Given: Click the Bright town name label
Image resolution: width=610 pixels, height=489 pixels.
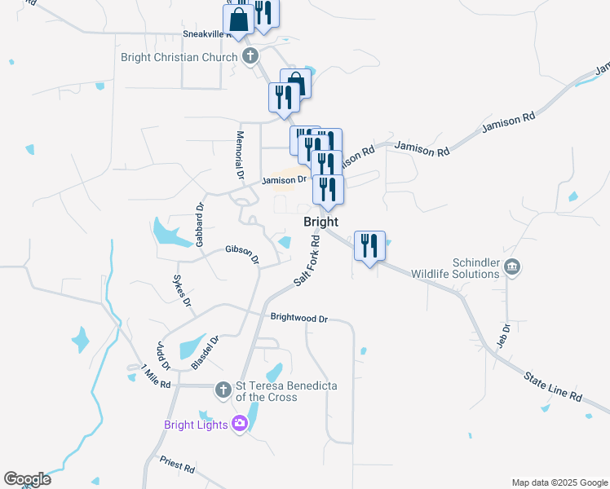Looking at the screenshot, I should tap(320, 222).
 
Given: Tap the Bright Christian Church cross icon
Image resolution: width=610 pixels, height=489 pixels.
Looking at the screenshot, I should tap(250, 57).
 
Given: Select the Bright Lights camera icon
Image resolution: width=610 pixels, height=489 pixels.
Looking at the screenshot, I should tap(239, 423).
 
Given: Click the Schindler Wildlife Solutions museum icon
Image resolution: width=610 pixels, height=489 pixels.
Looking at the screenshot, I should tap(512, 267).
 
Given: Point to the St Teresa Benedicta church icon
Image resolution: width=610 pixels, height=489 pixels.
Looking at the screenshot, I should tap(223, 390).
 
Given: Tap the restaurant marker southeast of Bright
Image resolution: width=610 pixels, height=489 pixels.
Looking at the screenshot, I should tap(369, 246).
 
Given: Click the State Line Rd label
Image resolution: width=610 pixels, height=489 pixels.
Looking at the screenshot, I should tap(553, 385).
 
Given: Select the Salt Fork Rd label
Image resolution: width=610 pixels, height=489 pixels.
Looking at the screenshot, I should tap(305, 260).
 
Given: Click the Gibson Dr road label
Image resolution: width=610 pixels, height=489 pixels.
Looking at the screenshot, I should tap(242, 254).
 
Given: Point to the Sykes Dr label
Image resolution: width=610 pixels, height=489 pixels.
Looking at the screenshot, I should tap(181, 290).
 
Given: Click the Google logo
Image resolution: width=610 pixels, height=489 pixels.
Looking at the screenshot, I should tap(27, 479).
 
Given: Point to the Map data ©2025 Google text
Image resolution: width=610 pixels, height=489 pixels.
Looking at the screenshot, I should tap(559, 482).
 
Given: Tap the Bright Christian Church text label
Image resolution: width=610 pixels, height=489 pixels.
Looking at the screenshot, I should tap(179, 57).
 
